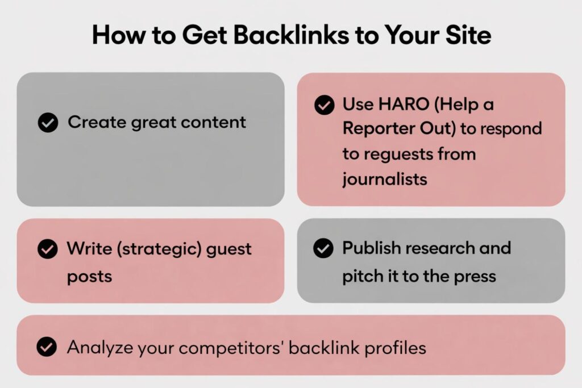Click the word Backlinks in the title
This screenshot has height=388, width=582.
[292, 35]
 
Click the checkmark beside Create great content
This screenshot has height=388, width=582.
[48, 122]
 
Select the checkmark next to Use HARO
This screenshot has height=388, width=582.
[325, 105]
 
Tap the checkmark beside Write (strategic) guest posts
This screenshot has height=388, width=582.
[48, 248]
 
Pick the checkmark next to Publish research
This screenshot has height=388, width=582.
[323, 248]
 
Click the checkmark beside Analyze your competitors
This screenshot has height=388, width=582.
[47, 347]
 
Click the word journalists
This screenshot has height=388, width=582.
[385, 180]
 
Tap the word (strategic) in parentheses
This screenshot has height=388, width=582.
[159, 249]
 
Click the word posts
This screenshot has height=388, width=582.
[89, 277]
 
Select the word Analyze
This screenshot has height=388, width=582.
[100, 348]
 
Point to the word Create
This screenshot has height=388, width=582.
[97, 122]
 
